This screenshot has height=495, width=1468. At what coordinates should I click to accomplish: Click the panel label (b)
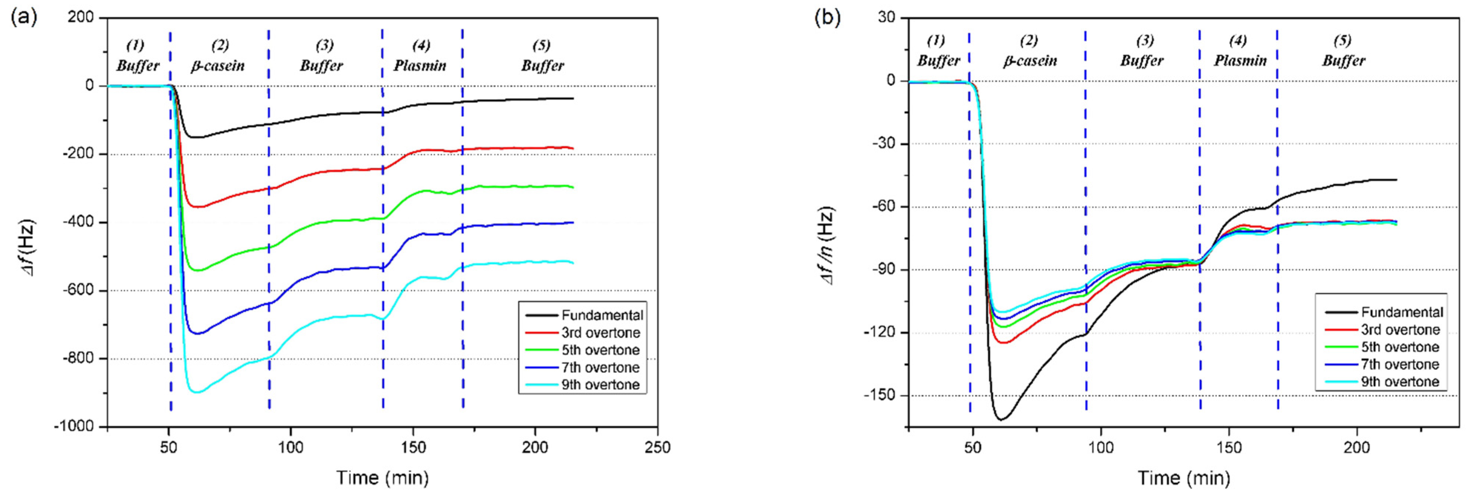[828, 18]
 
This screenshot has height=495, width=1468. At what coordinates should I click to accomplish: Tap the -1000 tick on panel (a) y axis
[74, 427]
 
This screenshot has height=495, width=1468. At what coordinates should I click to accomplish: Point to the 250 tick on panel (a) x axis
[657, 447]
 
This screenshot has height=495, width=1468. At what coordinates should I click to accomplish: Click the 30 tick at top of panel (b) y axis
[887, 18]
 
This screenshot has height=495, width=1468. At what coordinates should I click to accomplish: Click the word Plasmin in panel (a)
[420, 66]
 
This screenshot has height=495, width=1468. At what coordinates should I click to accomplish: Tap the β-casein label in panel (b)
[1030, 61]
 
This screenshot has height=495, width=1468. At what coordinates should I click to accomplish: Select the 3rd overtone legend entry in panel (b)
[1400, 330]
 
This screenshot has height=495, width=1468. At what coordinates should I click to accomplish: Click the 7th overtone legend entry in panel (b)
[1400, 365]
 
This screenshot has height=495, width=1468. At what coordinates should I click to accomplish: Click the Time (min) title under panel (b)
[1184, 477]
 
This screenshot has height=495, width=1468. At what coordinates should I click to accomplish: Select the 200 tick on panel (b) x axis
[1356, 447]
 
